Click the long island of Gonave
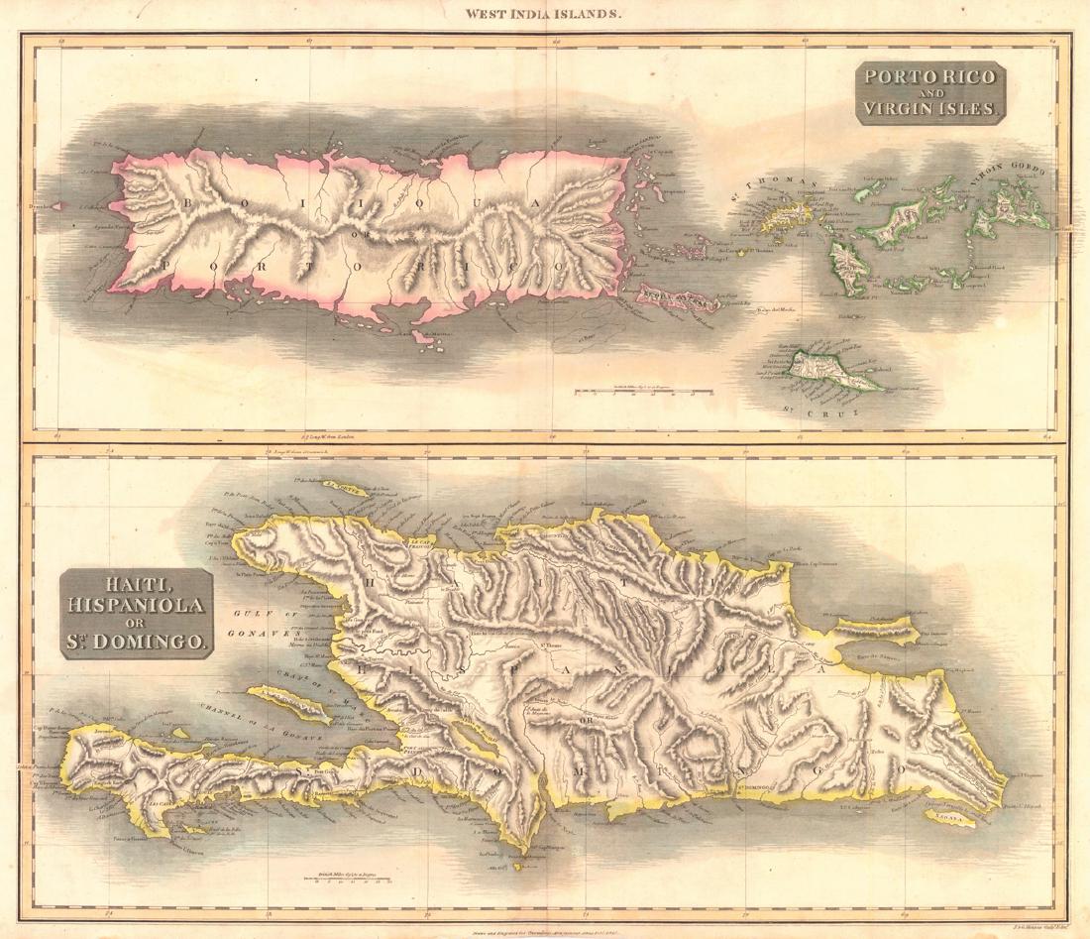pos(297,707)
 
